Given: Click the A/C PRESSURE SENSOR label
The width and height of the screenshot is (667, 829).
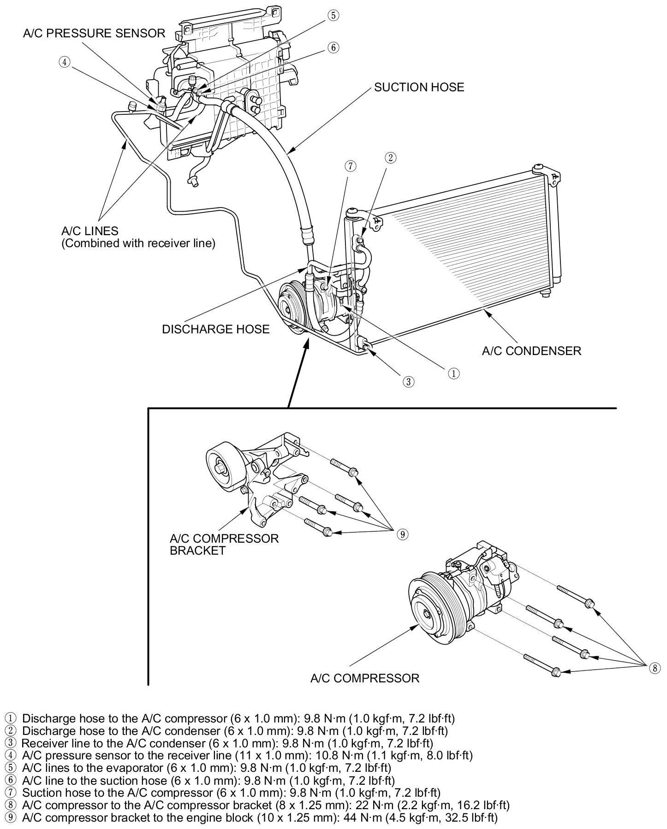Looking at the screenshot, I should pos(94,33).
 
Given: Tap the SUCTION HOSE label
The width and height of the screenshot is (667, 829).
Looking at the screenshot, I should pos(419,87).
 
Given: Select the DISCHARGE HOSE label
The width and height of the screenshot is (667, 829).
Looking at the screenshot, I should pos(215,329).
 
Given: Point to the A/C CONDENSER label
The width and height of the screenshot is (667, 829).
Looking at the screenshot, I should pos(531,351).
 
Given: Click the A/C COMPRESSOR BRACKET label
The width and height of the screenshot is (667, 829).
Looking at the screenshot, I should pos(224,545).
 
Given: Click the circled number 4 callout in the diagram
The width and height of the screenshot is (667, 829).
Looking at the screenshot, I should pos(65,62).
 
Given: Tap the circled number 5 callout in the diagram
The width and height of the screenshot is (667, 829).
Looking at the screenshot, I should pos(333,16).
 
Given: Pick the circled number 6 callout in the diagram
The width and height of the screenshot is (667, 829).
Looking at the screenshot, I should pos(333,47).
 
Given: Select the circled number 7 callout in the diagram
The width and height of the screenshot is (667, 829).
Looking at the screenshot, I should pos(351,166).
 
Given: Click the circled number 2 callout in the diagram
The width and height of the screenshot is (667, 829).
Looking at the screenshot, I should pos(390,158).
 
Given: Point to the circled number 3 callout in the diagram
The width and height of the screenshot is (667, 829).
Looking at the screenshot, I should pos(408,381).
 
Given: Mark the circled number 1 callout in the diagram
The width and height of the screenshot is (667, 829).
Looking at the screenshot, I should pos(454,373).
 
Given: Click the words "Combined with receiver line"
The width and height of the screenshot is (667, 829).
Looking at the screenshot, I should pos(138,243).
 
